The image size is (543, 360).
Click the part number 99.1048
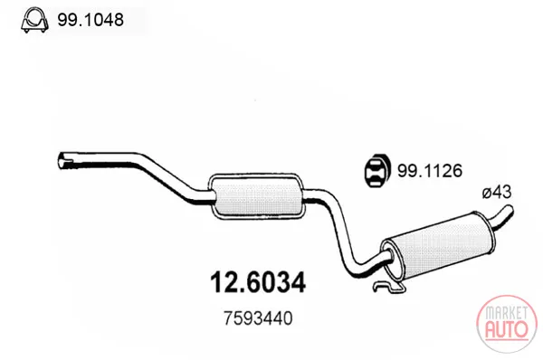pyautogui.click(x=90, y=20)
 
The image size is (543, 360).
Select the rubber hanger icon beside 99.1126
pyautogui.click(x=377, y=170)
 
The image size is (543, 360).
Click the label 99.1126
pyautogui.click(x=430, y=171)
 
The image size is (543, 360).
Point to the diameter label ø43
pyautogui.click(x=496, y=192)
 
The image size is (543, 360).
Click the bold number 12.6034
pyautogui.click(x=258, y=282)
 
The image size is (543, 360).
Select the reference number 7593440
pyautogui.click(x=258, y=318)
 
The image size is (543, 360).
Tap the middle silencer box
pyautogui.click(x=257, y=196)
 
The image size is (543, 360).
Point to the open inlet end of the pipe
pyautogui.click(x=64, y=161)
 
